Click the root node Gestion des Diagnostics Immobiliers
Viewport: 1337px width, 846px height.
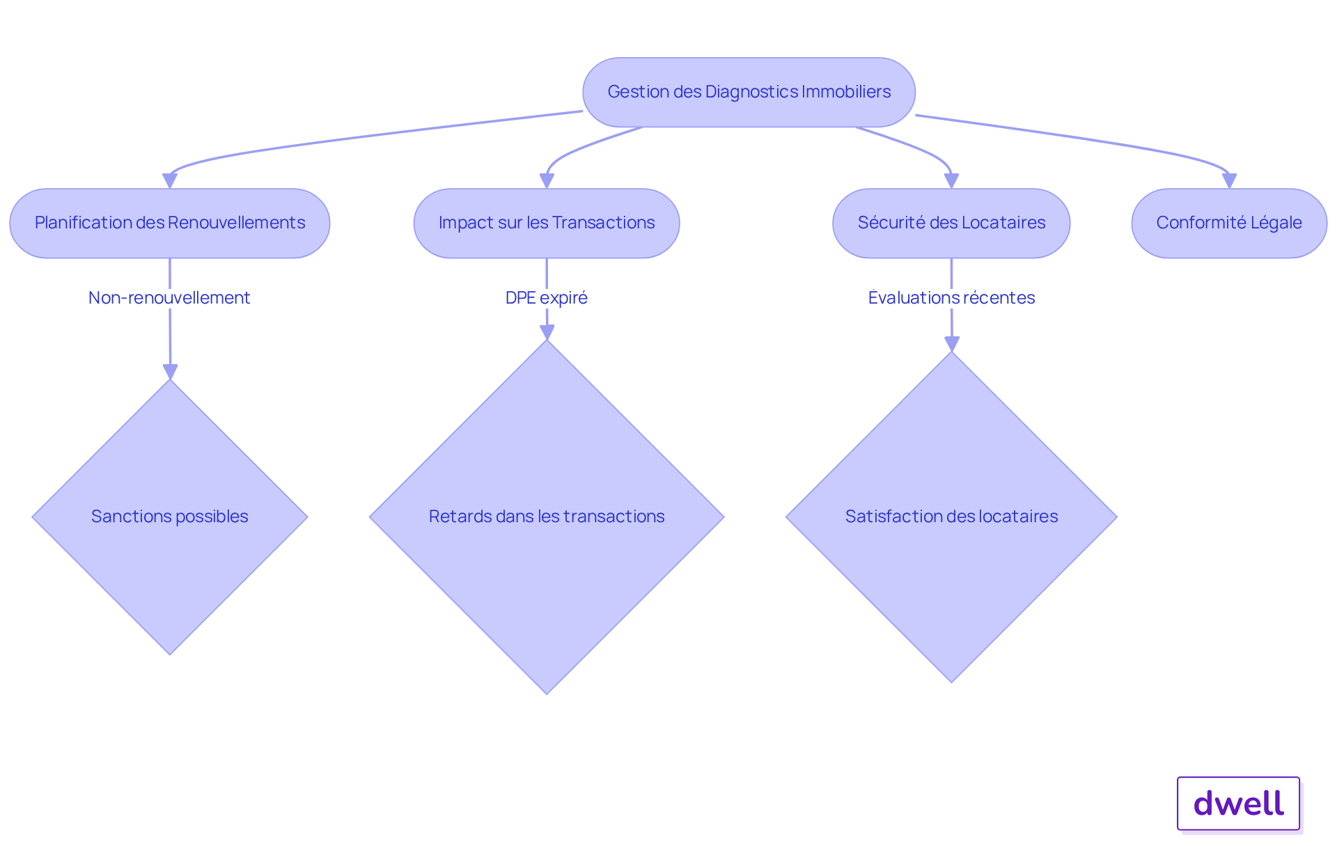pos(749,92)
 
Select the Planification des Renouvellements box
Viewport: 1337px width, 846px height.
pos(169,223)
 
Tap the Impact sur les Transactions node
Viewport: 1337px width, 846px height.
pos(547,223)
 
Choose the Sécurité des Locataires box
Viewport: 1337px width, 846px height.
pos(951,223)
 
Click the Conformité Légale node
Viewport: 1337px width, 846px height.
pos(1229,223)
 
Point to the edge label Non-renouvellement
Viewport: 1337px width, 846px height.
pos(169,298)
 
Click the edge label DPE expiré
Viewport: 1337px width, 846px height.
pos(547,298)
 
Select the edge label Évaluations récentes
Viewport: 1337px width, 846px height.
pos(951,298)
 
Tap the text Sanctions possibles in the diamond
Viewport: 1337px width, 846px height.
pos(169,517)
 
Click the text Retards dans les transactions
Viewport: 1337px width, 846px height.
pos(547,517)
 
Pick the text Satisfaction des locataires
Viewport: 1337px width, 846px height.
pos(951,517)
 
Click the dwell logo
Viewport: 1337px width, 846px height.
pos(1238,804)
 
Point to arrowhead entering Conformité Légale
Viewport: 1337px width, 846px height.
pos(1229,181)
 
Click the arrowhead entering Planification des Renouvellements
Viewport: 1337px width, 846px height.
pos(169,181)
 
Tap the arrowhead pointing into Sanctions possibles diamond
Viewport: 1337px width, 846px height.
pos(170,372)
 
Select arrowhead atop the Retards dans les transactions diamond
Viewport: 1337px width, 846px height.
pos(547,332)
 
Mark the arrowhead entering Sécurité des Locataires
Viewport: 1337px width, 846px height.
pos(951,181)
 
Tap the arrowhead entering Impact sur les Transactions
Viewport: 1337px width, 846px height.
pos(547,181)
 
